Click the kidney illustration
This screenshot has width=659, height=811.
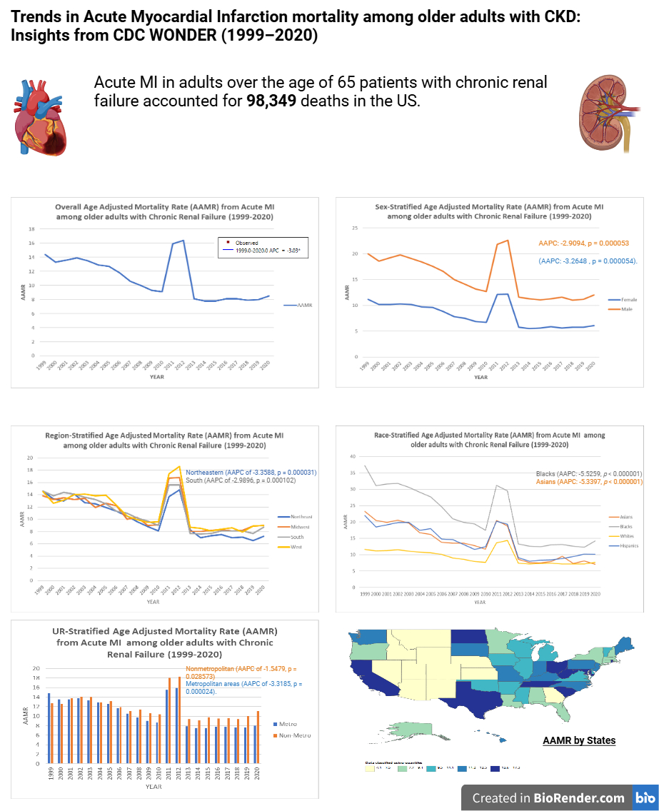(x=607, y=115)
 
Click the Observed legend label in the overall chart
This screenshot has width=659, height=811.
(x=248, y=243)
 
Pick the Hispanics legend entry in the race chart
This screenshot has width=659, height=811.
(x=629, y=545)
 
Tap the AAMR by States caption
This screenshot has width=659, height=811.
(x=579, y=740)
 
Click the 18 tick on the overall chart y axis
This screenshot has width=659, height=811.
(x=31, y=229)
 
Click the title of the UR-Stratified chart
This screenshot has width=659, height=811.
(x=164, y=643)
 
